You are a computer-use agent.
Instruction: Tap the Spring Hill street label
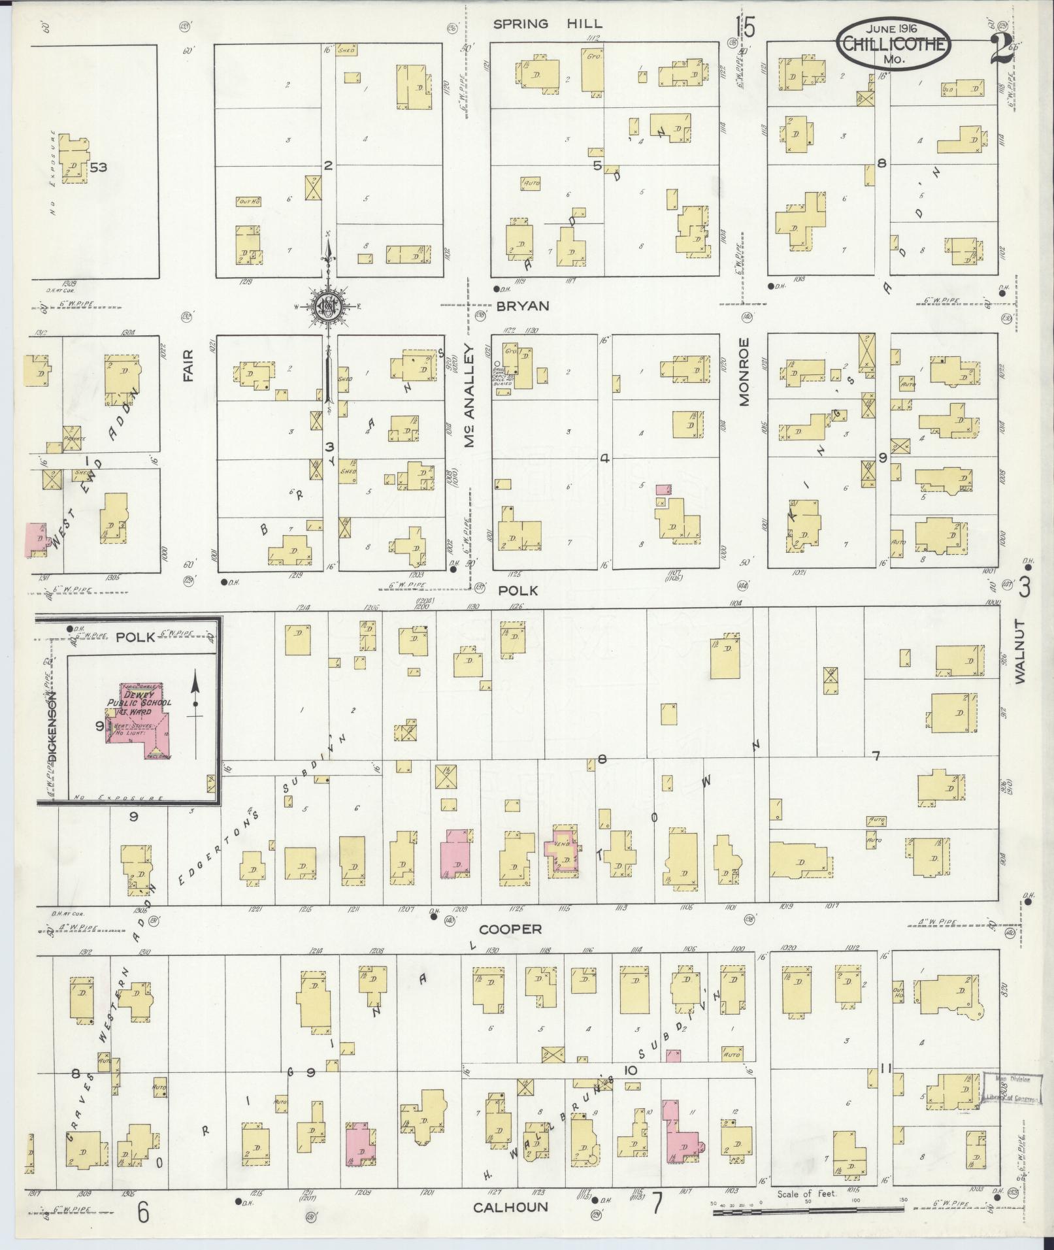click(548, 24)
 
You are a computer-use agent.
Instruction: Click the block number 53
click(99, 167)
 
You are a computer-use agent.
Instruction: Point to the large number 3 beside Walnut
click(1025, 587)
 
